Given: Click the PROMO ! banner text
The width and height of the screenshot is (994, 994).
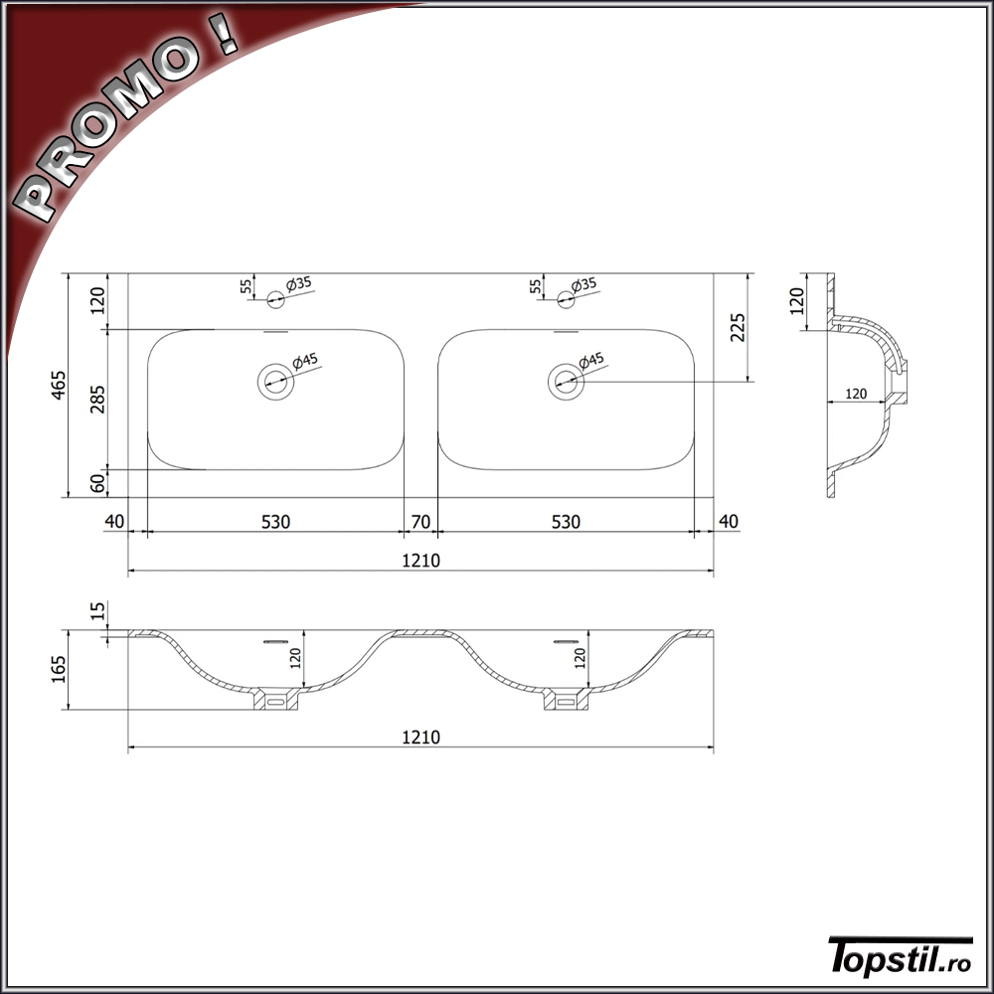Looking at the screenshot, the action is coord(128,121).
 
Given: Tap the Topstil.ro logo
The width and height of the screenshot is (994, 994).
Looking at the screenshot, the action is coord(901,955).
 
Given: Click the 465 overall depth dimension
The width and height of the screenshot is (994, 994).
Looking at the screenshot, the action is coord(58,385).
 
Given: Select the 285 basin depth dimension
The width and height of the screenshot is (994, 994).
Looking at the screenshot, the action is coord(97,399).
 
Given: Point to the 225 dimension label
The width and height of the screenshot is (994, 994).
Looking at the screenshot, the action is coord(738,327).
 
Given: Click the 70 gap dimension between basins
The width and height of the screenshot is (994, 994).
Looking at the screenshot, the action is coord(420,522).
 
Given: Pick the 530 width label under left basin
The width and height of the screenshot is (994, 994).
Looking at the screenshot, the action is coord(275,522).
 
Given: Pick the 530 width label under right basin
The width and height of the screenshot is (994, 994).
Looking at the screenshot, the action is coord(567,522).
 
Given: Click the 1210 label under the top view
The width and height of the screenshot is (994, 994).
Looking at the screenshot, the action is coord(420,561).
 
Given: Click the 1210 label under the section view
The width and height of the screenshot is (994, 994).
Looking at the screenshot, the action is coord(420,738).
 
